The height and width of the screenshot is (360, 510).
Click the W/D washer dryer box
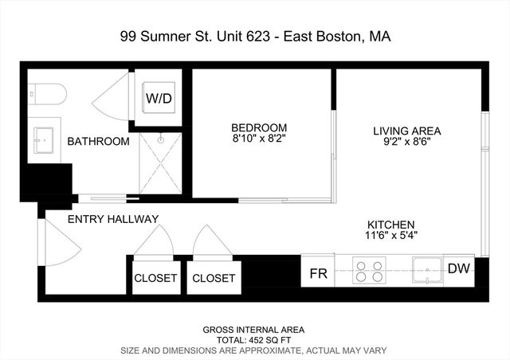159,99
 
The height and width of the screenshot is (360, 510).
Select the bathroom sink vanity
44,141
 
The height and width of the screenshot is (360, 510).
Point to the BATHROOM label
98,142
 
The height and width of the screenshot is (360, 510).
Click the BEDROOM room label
259,127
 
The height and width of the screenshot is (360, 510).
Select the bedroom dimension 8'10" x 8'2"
259,139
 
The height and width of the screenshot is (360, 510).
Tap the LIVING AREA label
407,131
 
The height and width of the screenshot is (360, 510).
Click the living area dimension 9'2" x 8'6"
407,143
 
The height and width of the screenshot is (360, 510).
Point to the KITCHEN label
390,225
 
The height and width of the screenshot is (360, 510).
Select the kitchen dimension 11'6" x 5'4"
390,236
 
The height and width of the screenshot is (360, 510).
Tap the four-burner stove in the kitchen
369,271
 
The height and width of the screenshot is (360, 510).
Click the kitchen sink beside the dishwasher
427,271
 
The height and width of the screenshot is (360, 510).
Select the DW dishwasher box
458,269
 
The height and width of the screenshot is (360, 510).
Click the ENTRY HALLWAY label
113,219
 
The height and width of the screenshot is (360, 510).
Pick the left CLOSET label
155,278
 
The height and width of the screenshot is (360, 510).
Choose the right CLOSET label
214,278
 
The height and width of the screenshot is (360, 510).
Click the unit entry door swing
61,243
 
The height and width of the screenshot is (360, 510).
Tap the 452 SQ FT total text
254,339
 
